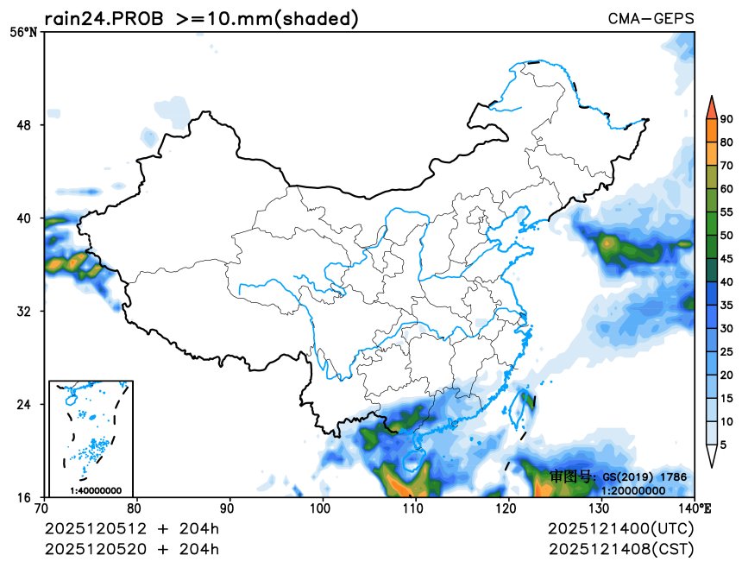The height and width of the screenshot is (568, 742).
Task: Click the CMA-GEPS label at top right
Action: coord(651,19)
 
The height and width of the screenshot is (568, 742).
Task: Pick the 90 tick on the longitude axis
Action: coord(230,508)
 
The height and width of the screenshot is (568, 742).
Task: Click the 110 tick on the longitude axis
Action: coord(416,508)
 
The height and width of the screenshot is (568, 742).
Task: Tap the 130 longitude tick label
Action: coord(601,508)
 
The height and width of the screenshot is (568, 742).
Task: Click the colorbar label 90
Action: coord(726,119)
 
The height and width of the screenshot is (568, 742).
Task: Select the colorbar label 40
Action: coord(726,281)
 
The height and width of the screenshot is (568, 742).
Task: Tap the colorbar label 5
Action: coord(723,445)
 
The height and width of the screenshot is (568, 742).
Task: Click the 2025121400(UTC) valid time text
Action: coord(620,527)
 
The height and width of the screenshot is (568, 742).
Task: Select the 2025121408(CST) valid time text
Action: coord(620,548)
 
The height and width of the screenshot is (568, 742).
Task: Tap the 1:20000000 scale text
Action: coord(632,490)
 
